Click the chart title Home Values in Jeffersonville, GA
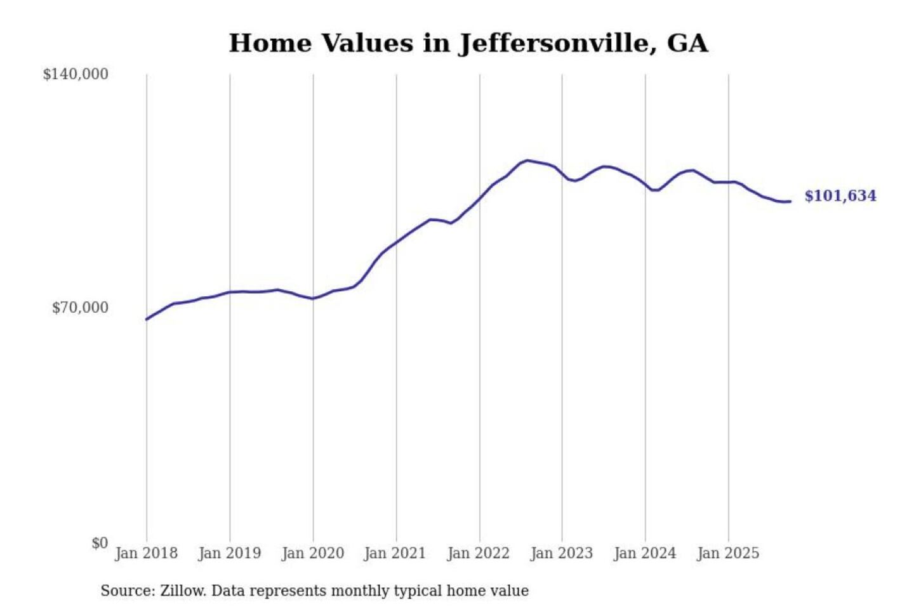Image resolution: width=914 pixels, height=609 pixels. pyautogui.click(x=468, y=43)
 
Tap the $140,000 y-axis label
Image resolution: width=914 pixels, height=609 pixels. pyautogui.click(x=76, y=74)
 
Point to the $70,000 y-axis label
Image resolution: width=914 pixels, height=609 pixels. pyautogui.click(x=80, y=308)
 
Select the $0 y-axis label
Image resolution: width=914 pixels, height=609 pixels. pyautogui.click(x=100, y=543)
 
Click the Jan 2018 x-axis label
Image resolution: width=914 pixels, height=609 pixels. pyautogui.click(x=146, y=553)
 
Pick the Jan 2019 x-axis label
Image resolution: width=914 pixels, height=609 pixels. pyautogui.click(x=229, y=553)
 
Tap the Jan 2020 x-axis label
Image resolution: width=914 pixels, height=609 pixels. pyautogui.click(x=312, y=553)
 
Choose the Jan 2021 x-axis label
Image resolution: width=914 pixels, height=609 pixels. pyautogui.click(x=395, y=553)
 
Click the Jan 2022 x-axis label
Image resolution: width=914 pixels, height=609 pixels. pyautogui.click(x=478, y=553)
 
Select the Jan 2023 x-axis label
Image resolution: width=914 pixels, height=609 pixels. pyautogui.click(x=561, y=553)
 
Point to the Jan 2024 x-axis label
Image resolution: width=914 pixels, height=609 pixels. pyautogui.click(x=644, y=553)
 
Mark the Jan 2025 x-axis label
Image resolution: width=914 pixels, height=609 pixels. pyautogui.click(x=727, y=553)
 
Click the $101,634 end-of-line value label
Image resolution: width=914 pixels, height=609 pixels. pyautogui.click(x=840, y=196)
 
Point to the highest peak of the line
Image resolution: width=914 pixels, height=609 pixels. pyautogui.click(x=527, y=160)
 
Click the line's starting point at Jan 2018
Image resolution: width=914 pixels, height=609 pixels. pyautogui.click(x=147, y=319)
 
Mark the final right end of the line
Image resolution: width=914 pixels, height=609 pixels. pyautogui.click(x=790, y=201)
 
